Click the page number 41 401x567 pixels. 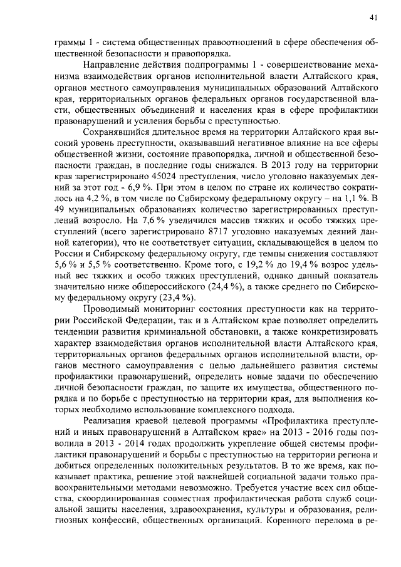(373, 16)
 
